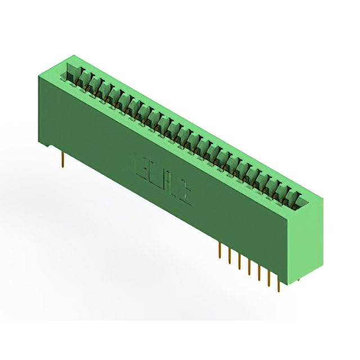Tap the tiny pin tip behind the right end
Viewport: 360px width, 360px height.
(x=298, y=277)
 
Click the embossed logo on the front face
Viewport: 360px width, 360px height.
(x=164, y=180)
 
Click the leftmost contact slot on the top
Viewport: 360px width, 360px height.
(x=74, y=74)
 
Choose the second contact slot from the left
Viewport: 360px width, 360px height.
(x=84, y=79)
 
